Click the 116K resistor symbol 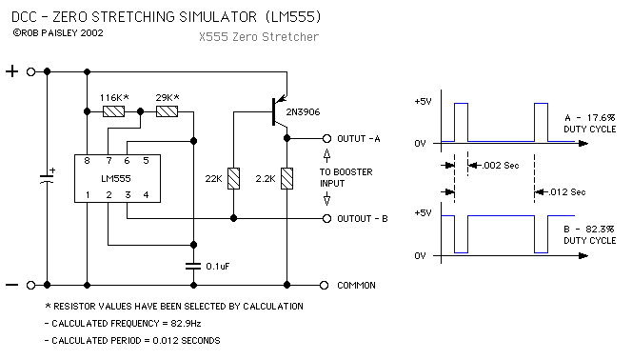113,111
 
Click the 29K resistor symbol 167,111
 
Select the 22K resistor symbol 234,179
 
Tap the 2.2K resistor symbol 287,179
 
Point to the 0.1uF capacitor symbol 193,266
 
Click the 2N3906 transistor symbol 279,111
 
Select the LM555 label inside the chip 116,179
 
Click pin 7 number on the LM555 109,161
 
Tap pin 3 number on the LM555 128,195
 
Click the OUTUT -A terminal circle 326,139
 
